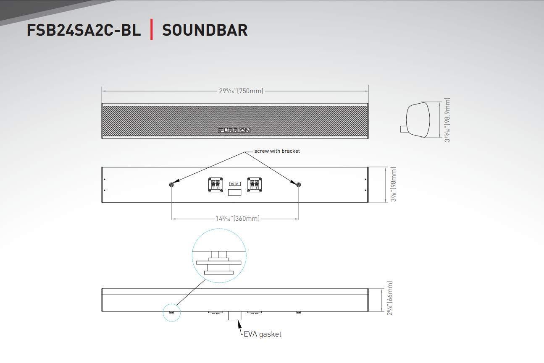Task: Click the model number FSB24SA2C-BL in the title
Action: point(84,30)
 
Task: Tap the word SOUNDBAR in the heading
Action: point(205,30)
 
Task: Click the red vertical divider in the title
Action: point(151,30)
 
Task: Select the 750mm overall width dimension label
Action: point(241,91)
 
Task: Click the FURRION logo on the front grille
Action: point(234,130)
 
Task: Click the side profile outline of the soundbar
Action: point(418,120)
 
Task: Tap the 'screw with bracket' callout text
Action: point(277,151)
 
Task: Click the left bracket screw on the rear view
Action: point(171,185)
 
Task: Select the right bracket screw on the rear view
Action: point(299,185)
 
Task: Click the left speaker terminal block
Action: point(216,185)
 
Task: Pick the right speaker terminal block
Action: point(254,185)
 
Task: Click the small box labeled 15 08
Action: point(235,184)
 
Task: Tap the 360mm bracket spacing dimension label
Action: point(238,218)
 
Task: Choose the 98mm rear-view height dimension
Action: point(394,185)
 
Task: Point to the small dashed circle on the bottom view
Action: point(171,313)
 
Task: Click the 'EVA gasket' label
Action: point(263,334)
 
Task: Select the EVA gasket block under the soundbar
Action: point(234,316)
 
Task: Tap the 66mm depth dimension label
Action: point(390,298)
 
